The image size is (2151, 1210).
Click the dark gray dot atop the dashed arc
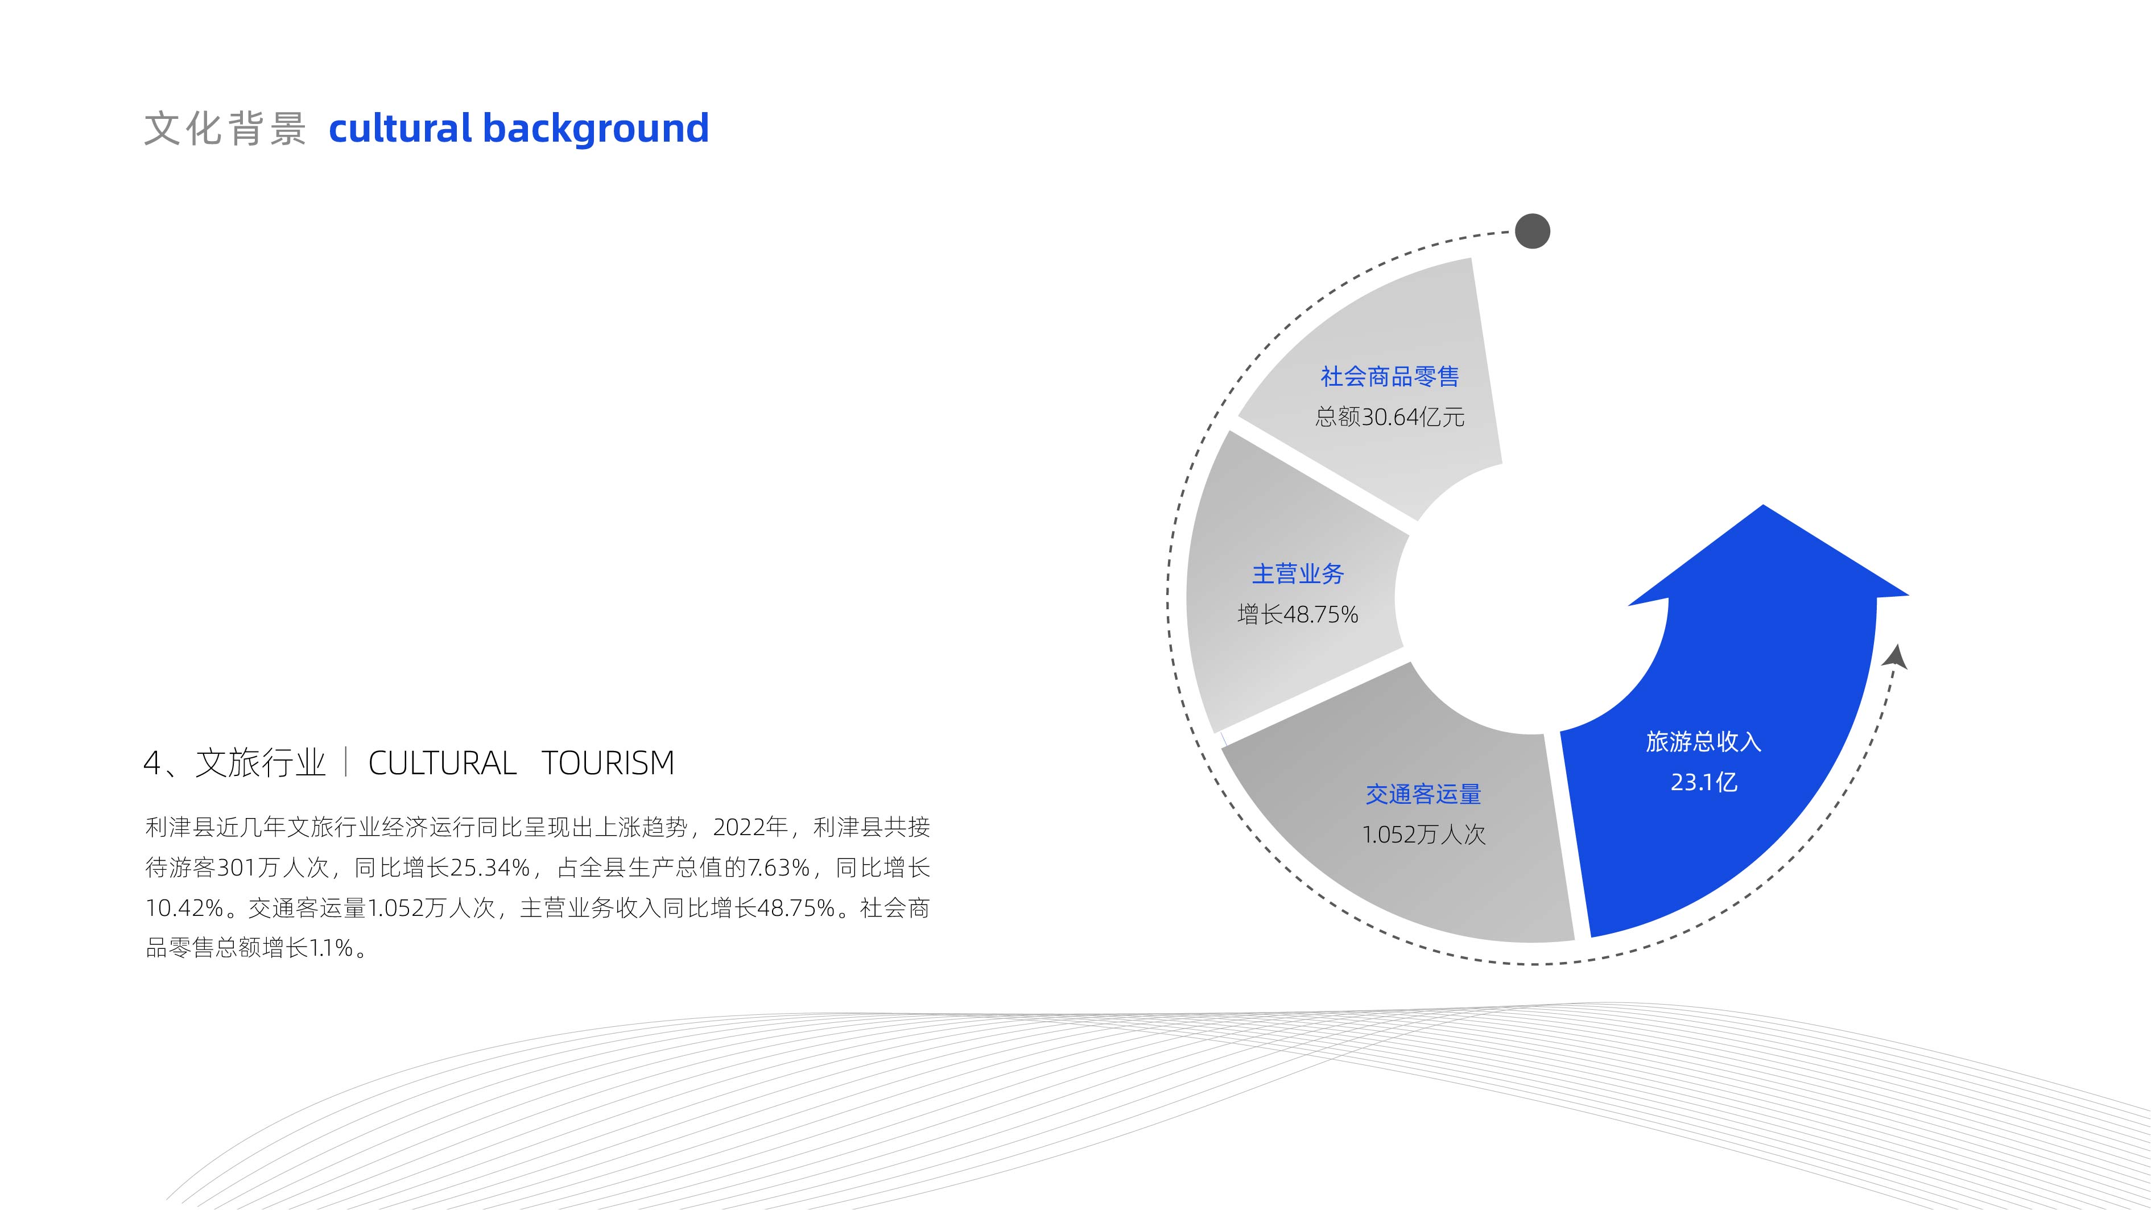pyautogui.click(x=1532, y=232)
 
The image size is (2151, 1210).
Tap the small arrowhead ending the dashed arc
pyautogui.click(x=1896, y=656)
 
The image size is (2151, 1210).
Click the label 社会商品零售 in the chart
pyautogui.click(x=1389, y=377)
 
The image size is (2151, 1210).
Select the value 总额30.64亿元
pyautogui.click(x=1389, y=416)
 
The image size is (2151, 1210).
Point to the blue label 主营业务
pyautogui.click(x=1298, y=573)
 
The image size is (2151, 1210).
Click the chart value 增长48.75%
pyautogui.click(x=1298, y=614)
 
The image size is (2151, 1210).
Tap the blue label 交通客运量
pyautogui.click(x=1424, y=794)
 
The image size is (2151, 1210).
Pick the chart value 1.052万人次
pyautogui.click(x=1424, y=834)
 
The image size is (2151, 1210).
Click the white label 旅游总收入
pyautogui.click(x=1703, y=742)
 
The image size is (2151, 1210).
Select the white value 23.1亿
pyautogui.click(x=1703, y=782)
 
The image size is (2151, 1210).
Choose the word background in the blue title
pyautogui.click(x=596, y=130)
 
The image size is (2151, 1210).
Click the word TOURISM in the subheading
pyautogui.click(x=608, y=763)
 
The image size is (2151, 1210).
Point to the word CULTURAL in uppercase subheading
pyautogui.click(x=443, y=763)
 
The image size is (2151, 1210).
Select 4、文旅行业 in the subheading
pyautogui.click(x=234, y=763)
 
